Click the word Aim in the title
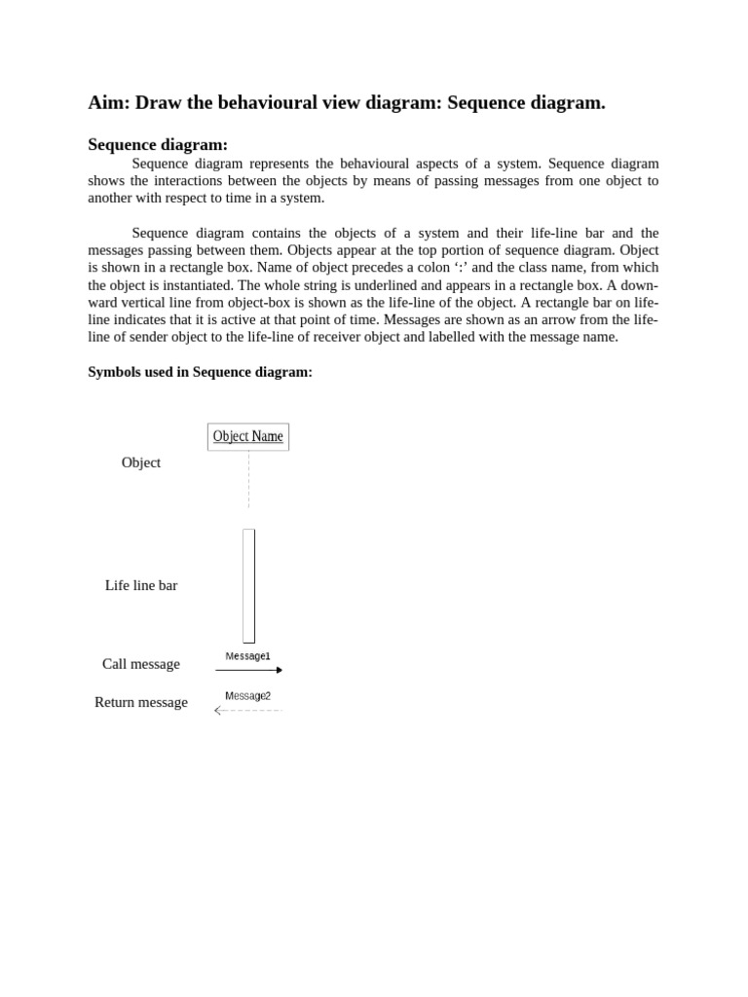point(108,103)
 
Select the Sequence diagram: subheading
point(158,145)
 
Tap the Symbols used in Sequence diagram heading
point(200,372)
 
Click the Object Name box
point(248,437)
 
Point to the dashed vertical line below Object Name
point(248,479)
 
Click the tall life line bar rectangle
point(248,586)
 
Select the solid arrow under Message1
point(247,670)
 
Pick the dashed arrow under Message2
point(249,711)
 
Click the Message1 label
point(247,656)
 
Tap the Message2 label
point(247,696)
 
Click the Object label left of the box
point(141,462)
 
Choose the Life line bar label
point(141,585)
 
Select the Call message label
point(141,664)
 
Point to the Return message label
point(141,702)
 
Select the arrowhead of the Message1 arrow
point(280,670)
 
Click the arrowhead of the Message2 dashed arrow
point(218,711)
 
